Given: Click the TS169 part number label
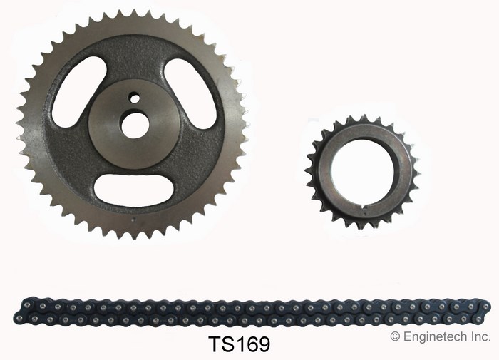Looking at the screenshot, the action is [239, 344].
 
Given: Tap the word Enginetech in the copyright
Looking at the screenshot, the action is [436, 336].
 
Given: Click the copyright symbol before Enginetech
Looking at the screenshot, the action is [395, 336].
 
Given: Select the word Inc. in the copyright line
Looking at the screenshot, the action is [482, 336].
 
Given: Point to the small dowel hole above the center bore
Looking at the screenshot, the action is [134, 98].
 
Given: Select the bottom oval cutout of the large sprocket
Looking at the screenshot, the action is [134, 188].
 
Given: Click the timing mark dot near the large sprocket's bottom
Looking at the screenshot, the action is [134, 219].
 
